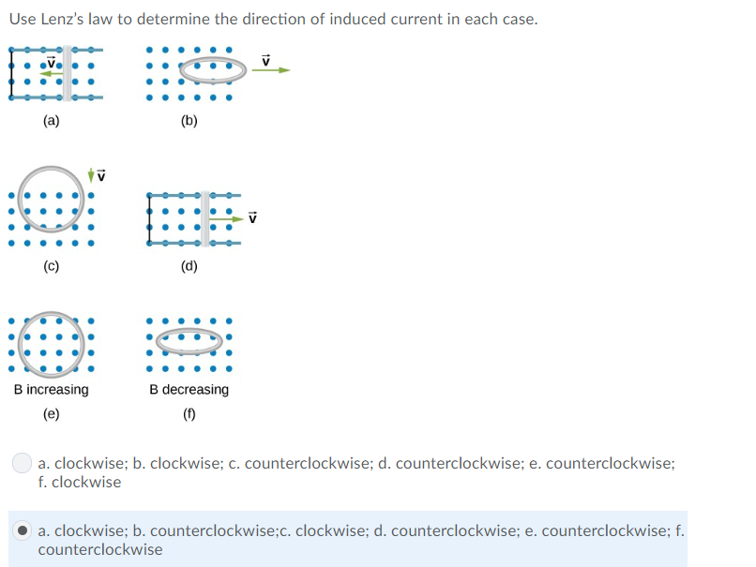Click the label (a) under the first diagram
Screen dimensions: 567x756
coord(51,120)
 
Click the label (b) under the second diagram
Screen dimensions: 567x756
coord(189,120)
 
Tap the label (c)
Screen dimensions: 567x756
coord(51,265)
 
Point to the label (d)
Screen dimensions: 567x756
coord(189,265)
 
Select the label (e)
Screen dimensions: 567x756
coord(51,413)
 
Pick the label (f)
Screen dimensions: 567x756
coord(189,413)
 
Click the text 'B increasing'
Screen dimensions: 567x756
coord(52,389)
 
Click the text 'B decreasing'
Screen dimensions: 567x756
coord(189,389)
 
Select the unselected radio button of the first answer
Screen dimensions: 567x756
coord(23,463)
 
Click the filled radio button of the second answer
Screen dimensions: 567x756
coord(23,530)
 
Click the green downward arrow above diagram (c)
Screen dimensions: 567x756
coord(91,174)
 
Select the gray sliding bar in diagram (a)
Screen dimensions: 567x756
coord(68,70)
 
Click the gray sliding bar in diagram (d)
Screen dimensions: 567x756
coord(205,218)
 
